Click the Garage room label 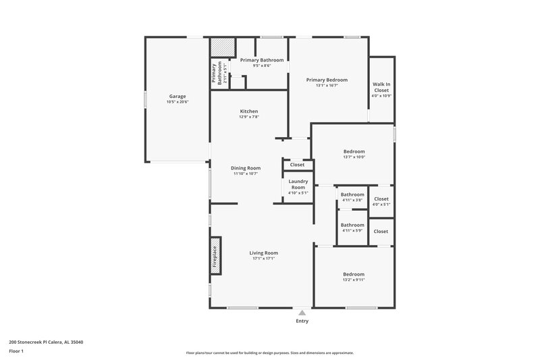pos(177,96)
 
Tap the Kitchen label pos(248,111)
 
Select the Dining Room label pos(246,168)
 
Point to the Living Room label pos(265,253)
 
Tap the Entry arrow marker pos(302,313)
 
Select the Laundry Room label pos(298,184)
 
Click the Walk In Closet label pos(381,87)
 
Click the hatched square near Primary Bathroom pos(221,47)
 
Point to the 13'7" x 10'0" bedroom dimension pos(354,157)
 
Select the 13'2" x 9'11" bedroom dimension pos(354,280)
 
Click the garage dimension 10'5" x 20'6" pos(178,102)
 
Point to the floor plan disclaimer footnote pos(269,353)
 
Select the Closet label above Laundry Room pos(298,165)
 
